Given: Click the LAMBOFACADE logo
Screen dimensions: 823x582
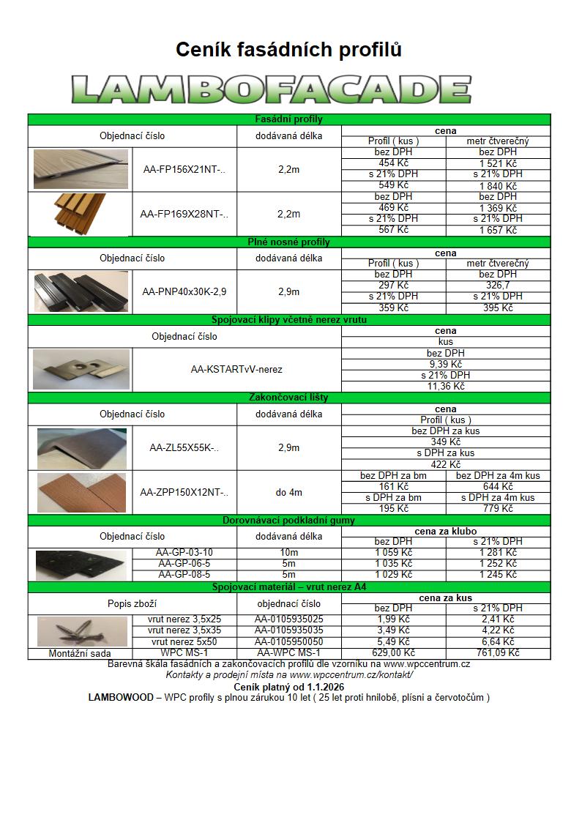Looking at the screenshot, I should pyautogui.click(x=272, y=89).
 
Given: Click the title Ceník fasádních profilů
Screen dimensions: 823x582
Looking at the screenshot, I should pyautogui.click(x=288, y=50).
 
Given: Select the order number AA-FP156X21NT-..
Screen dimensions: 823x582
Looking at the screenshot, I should pyautogui.click(x=184, y=170).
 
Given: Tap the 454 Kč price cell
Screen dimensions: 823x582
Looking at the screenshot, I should pyautogui.click(x=393, y=163).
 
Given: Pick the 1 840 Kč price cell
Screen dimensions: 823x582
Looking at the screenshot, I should pyautogui.click(x=498, y=186).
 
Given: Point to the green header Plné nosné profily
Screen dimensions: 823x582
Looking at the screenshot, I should pyautogui.click(x=288, y=242).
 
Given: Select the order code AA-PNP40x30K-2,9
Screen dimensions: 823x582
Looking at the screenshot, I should pyautogui.click(x=184, y=291).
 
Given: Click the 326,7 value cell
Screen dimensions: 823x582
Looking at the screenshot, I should pyautogui.click(x=498, y=286).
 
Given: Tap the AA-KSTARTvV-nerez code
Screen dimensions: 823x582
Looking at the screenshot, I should pyautogui.click(x=236, y=370).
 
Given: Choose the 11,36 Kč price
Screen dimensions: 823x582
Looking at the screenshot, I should pyautogui.click(x=445, y=386).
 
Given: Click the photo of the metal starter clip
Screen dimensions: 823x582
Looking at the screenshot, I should pyautogui.click(x=81, y=370).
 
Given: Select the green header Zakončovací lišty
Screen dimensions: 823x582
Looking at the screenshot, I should pyautogui.click(x=288, y=398).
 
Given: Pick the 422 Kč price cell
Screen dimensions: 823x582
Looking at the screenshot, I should pyautogui.click(x=445, y=464).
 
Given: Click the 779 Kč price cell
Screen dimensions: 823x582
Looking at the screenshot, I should pyautogui.click(x=498, y=508).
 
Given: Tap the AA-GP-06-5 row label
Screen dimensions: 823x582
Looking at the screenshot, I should pyautogui.click(x=184, y=564).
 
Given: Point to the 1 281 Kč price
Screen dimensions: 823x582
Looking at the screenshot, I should pyautogui.click(x=498, y=553).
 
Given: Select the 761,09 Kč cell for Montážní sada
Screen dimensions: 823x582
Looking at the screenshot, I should pyautogui.click(x=498, y=653).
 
